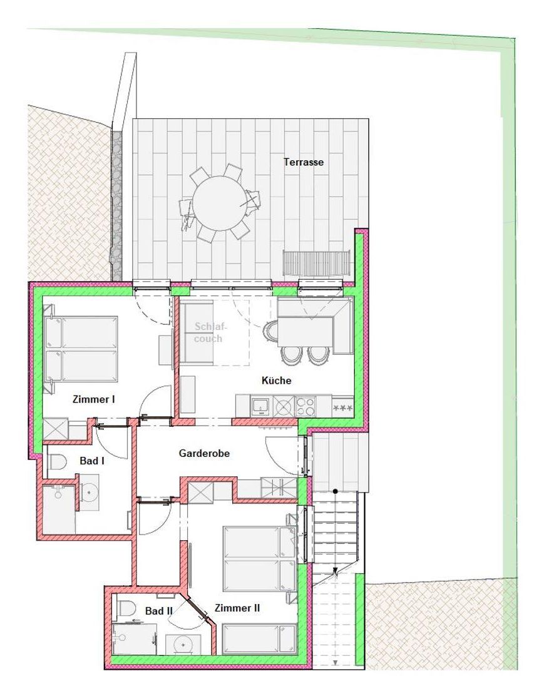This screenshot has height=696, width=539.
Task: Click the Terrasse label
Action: [304, 162]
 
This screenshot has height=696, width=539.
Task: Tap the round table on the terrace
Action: [220, 203]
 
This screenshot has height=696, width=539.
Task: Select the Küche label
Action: [277, 381]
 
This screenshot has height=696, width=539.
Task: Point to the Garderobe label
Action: [204, 453]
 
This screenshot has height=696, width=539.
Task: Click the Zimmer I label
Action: [94, 399]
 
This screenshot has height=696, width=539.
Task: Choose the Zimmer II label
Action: [237, 608]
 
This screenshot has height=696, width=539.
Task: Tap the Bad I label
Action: [92, 461]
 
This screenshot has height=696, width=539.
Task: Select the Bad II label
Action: [158, 611]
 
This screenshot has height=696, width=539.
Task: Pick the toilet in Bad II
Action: [126, 608]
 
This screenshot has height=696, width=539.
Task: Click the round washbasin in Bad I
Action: [90, 491]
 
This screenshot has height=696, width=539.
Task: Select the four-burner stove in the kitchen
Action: [305, 405]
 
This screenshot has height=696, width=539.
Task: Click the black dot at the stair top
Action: [336, 491]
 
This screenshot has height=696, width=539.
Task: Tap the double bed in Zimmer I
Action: [81, 349]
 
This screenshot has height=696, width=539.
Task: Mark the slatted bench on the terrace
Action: [317, 263]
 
